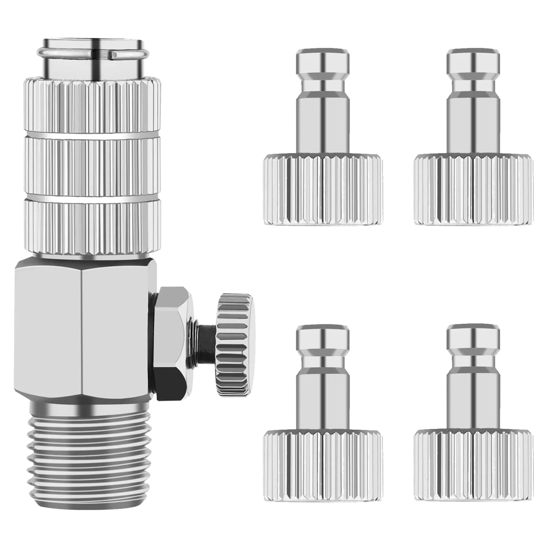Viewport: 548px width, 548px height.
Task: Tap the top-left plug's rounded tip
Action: tap(322, 62)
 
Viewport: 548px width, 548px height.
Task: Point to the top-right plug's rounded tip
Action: tap(474, 62)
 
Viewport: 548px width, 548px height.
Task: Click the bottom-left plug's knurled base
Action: tap(322, 464)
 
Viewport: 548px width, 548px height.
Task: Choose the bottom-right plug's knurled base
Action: tap(474, 464)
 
